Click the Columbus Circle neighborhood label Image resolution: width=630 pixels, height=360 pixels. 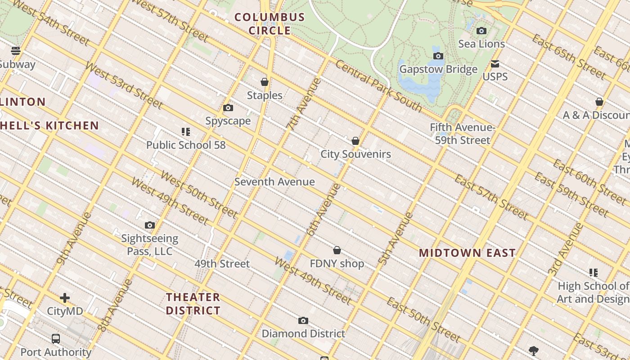(270, 24)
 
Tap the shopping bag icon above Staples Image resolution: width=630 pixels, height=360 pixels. (265, 82)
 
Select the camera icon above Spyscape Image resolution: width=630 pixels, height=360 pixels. (228, 108)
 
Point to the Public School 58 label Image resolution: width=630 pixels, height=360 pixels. (186, 145)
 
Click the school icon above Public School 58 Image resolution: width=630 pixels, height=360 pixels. (186, 132)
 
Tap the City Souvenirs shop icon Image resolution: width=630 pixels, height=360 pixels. (355, 141)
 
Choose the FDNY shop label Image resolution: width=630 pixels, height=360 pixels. (337, 264)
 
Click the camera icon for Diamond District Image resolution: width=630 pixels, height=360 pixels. (303, 321)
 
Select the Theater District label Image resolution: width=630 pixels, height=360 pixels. (193, 304)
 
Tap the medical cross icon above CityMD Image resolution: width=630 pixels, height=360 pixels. (65, 298)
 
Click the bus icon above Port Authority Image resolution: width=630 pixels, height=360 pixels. (56, 339)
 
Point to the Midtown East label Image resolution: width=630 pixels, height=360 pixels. (467, 253)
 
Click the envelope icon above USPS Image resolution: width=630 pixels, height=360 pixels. (495, 64)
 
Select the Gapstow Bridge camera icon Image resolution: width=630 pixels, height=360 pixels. (438, 56)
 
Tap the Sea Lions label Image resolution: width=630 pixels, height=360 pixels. (481, 44)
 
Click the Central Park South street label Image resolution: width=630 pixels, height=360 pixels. (378, 86)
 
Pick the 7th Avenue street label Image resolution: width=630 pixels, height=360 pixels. (304, 104)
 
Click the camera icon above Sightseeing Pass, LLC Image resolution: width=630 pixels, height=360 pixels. (150, 225)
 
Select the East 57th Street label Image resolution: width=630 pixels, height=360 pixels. (490, 197)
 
